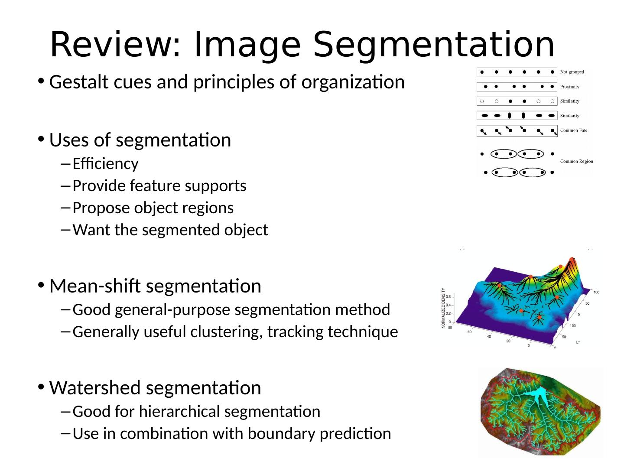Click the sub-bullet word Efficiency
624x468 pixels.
[106, 164]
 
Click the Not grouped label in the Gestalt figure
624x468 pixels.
[572, 72]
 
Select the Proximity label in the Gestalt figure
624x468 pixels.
[569, 87]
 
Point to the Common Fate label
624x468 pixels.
[574, 130]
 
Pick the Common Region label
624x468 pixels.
[576, 162]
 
